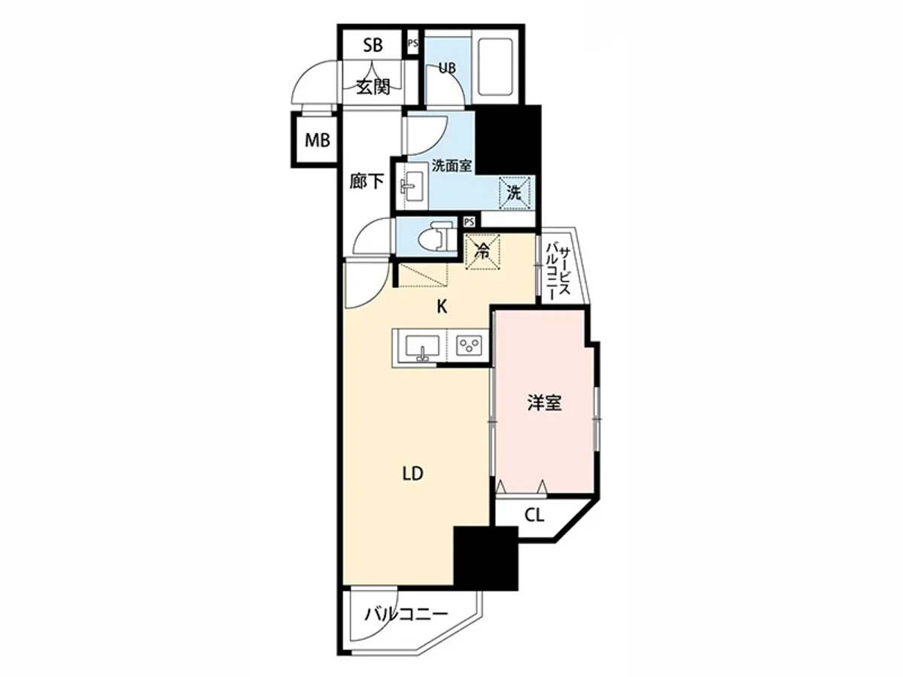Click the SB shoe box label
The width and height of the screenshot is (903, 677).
(372, 45)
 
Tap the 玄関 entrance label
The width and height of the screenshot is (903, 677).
(372, 87)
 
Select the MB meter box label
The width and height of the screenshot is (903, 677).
(317, 140)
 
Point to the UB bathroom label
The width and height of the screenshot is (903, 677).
(447, 68)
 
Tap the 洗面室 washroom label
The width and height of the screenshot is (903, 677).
(451, 165)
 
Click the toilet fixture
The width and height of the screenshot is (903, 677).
(436, 239)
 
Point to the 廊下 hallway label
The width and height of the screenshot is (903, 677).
(367, 182)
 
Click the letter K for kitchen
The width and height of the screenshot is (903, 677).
(442, 306)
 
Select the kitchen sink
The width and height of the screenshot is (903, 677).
(422, 348)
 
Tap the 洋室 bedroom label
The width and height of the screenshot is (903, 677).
(543, 403)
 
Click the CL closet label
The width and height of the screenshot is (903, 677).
(534, 516)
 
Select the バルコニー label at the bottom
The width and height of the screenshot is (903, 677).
(406, 615)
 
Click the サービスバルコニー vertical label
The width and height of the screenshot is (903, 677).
(558, 272)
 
